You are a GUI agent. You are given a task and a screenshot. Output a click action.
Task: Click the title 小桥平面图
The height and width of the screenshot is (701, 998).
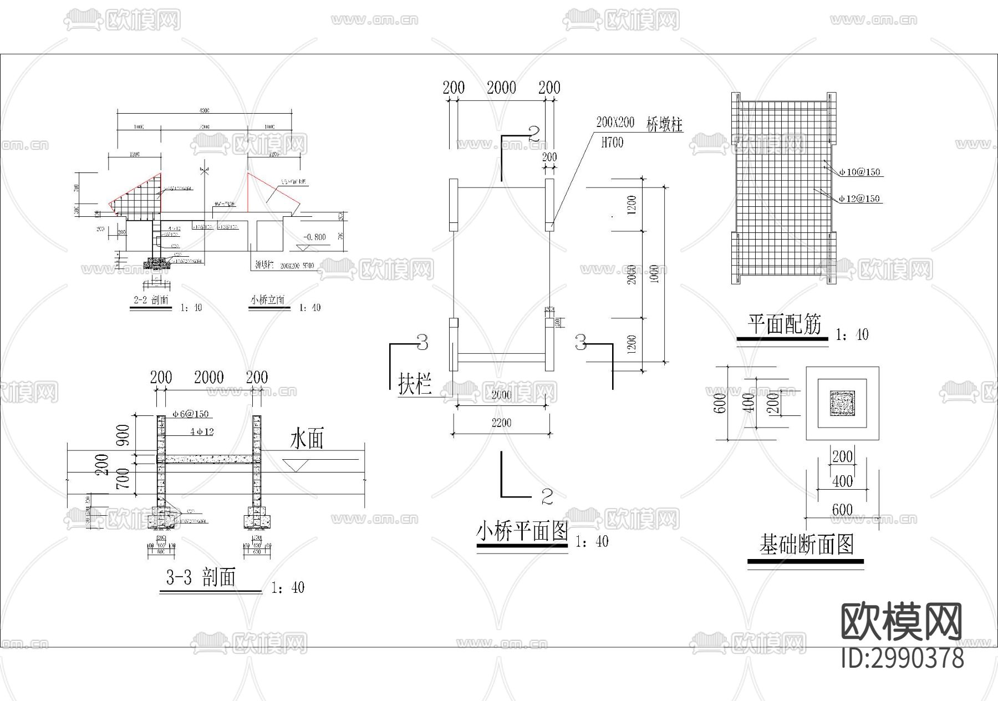[522, 532]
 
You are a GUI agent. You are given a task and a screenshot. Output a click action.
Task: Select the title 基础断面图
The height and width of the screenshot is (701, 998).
[806, 545]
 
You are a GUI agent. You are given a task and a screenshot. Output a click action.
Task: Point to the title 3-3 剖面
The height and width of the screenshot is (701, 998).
[201, 578]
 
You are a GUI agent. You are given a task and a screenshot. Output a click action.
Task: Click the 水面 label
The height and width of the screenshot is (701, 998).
[307, 440]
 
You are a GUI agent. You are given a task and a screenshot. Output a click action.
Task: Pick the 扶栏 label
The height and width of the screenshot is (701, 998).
[415, 383]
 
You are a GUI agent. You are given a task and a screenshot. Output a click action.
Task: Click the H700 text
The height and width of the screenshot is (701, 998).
[612, 143]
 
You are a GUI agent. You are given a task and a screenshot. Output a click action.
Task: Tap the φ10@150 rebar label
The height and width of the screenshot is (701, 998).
[859, 172]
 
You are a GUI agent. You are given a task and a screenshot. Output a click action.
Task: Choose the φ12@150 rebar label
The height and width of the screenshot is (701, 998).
[859, 199]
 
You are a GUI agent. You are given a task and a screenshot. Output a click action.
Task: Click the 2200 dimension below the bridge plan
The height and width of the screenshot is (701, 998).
[501, 423]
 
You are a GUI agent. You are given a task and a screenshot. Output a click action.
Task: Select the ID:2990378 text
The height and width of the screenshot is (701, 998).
[903, 658]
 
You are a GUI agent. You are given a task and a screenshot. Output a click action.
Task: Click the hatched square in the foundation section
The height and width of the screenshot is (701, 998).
[842, 403]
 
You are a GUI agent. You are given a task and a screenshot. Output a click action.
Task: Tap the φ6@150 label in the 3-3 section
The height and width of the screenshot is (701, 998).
[190, 414]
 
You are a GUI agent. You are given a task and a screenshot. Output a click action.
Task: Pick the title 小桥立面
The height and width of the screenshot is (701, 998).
[267, 301]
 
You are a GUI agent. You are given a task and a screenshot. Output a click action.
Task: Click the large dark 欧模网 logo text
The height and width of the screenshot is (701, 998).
[902, 622]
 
